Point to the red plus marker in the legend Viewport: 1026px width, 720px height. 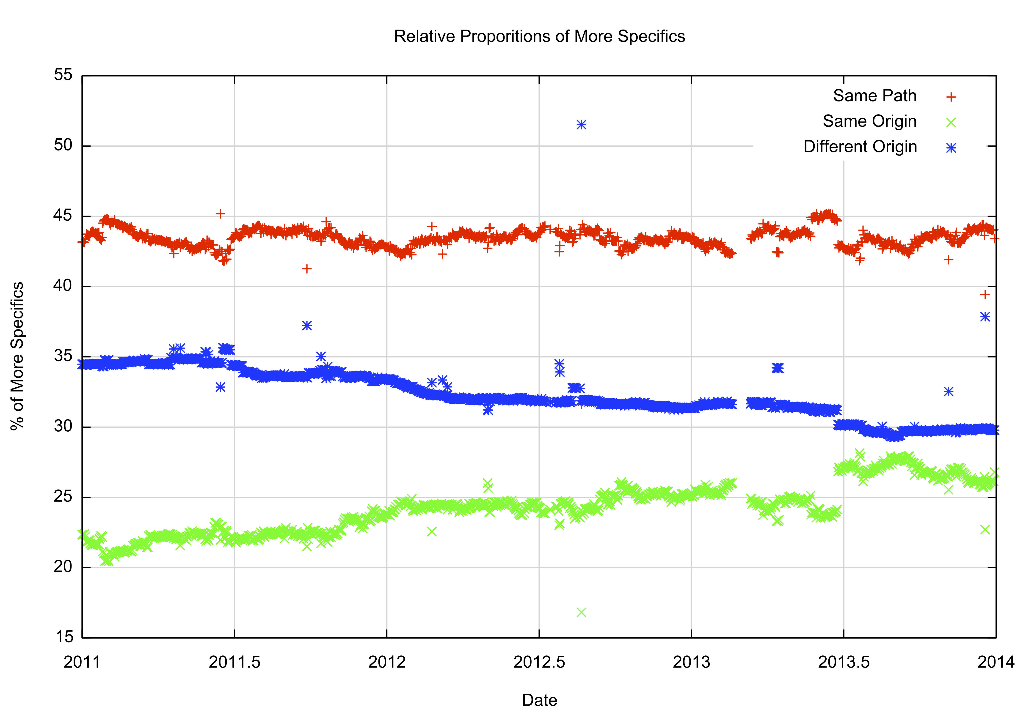(x=951, y=97)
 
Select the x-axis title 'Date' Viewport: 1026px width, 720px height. (x=539, y=700)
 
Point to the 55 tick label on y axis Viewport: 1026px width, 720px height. (x=63, y=75)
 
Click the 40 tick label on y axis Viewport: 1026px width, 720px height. (x=63, y=286)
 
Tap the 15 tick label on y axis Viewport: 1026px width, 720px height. (x=63, y=637)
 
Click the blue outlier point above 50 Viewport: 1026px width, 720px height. (x=581, y=125)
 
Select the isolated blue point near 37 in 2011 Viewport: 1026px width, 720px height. (x=306, y=326)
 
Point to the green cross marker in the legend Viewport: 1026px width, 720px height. (x=951, y=122)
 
